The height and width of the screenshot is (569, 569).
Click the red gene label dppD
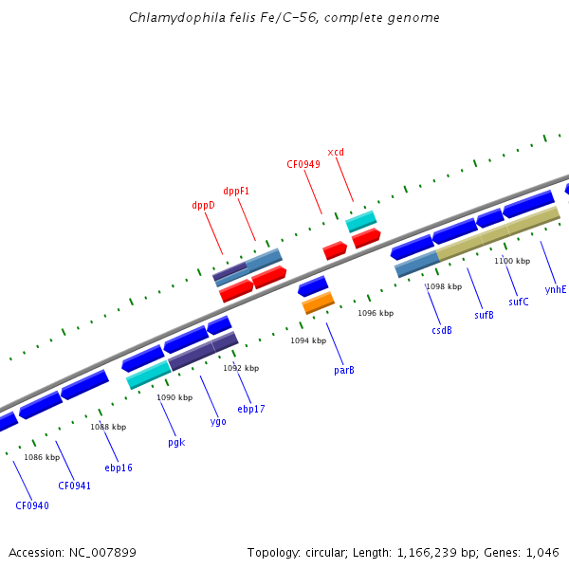[204, 205]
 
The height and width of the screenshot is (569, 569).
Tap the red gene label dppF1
[236, 191]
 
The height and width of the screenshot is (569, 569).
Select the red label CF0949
[303, 164]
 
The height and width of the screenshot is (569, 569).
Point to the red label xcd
[336, 152]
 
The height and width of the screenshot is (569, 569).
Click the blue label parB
[344, 370]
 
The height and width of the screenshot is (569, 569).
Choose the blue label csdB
[442, 330]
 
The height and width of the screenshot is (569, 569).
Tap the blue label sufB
[484, 315]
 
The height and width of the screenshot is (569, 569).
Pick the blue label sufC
[519, 302]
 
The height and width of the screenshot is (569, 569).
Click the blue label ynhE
[555, 289]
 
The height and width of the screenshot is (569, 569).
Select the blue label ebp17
[251, 409]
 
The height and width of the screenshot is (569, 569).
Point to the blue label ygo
[218, 421]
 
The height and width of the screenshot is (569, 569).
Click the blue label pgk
[176, 442]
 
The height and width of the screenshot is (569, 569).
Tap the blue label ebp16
[119, 468]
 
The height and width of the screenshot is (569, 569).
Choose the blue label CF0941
[75, 486]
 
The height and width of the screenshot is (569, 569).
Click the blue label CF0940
[32, 505]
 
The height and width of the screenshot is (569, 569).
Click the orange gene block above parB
[319, 303]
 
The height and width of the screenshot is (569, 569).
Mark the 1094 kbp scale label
[308, 340]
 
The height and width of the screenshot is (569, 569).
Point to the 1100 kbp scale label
[512, 261]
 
